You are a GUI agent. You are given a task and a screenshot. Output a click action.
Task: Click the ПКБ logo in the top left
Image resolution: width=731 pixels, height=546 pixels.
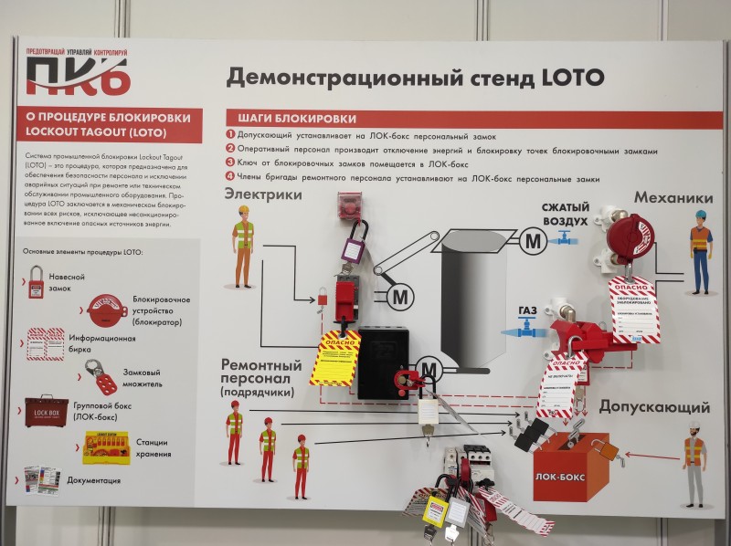click(x=78, y=72)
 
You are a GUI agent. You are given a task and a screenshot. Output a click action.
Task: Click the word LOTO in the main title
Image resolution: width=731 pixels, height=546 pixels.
click(x=577, y=78)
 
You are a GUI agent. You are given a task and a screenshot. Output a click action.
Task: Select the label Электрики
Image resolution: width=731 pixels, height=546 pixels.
click(x=262, y=194)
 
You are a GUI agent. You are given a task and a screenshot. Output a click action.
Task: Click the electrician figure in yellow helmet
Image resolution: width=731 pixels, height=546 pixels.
click(x=243, y=245)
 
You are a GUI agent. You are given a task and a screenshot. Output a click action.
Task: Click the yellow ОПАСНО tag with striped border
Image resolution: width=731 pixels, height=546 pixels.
click(x=335, y=357)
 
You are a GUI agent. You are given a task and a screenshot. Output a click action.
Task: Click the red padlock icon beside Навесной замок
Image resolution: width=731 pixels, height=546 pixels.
click(x=36, y=283)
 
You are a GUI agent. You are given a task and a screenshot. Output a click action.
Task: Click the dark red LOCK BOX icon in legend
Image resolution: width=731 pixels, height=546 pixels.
click(x=45, y=412)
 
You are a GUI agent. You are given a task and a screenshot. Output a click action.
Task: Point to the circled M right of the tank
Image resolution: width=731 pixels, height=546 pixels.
click(x=535, y=242)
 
